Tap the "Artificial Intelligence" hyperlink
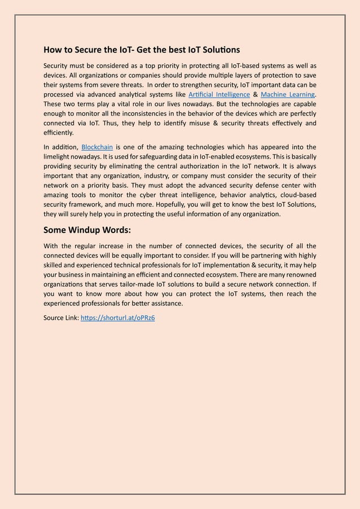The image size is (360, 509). point(219,94)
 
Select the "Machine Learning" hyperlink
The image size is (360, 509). point(287,94)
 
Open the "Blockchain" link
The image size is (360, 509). point(97,147)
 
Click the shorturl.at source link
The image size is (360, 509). point(117,318)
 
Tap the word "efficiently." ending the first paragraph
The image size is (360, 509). point(59,133)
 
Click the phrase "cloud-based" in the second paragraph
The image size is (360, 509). point(298,195)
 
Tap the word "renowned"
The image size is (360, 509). point(300,274)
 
